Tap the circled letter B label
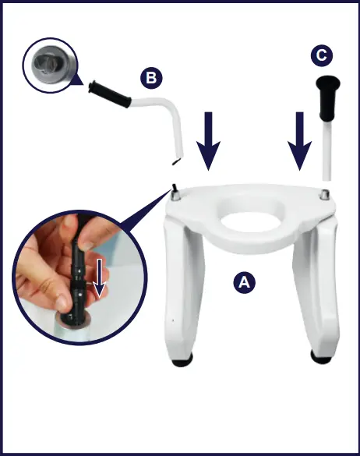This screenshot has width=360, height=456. point(150,78)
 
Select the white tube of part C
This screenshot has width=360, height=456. point(326,148)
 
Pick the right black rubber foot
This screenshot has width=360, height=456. point(320,357)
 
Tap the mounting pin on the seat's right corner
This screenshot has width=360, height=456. point(324,193)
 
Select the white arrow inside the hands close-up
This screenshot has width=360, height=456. point(98,288)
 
